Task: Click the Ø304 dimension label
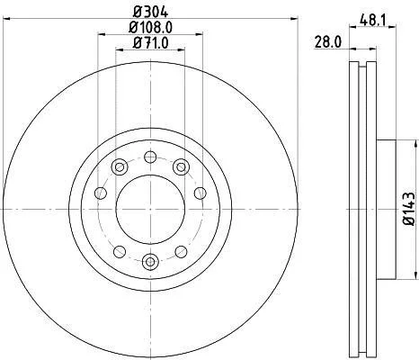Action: [x=151, y=13]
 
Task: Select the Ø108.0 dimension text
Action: [x=151, y=28]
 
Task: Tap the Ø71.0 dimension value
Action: [x=151, y=43]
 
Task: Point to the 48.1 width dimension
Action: [x=373, y=20]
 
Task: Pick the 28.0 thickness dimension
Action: [x=328, y=42]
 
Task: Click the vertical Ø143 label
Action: [x=409, y=209]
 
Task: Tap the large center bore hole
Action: [x=150, y=209]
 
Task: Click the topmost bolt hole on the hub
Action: [x=150, y=157]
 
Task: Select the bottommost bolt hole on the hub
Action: [x=150, y=262]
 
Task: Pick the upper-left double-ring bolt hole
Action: [x=120, y=167]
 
